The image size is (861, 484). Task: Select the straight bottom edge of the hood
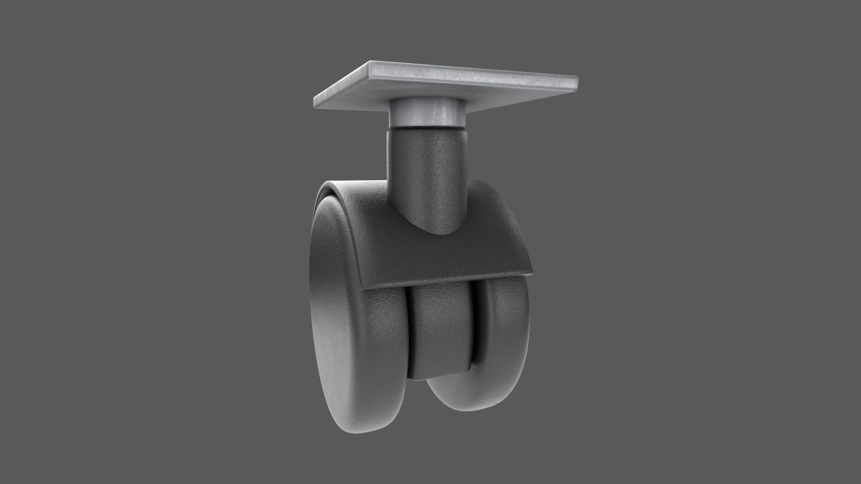tap(448, 280)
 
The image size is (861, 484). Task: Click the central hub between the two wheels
tap(439, 332)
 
